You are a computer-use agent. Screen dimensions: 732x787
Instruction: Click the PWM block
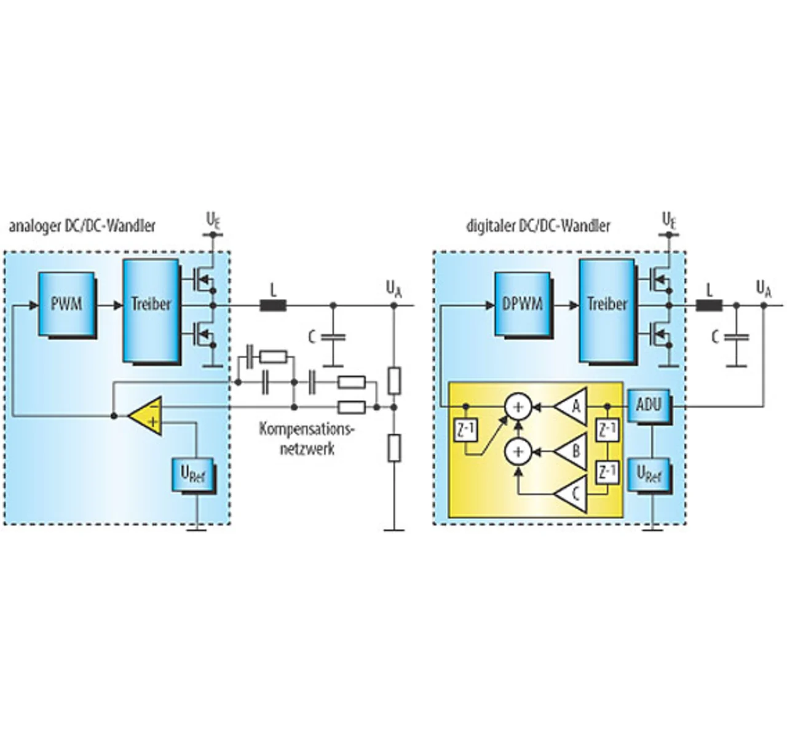point(66,304)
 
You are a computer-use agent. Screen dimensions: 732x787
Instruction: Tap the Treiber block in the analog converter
point(151,310)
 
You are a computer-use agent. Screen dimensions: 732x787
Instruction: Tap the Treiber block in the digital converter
point(607,310)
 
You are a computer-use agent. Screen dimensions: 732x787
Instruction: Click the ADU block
point(649,405)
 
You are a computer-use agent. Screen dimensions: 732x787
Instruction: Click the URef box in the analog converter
point(193,474)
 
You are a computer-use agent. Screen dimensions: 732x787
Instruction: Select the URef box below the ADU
point(649,474)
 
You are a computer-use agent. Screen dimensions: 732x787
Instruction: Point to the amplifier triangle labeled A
point(574,406)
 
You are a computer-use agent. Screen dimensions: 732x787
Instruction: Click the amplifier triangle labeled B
point(574,451)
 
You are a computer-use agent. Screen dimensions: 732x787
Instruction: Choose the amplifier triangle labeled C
point(574,494)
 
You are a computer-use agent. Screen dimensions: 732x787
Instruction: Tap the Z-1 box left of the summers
point(465,431)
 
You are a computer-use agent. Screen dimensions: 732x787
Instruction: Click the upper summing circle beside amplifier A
point(518,406)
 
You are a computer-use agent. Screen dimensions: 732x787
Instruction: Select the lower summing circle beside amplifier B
point(518,451)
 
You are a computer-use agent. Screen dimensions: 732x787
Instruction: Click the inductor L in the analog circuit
point(273,304)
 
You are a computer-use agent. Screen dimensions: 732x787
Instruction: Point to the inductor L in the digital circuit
point(709,304)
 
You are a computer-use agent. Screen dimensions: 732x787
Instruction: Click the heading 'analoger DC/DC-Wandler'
point(82,226)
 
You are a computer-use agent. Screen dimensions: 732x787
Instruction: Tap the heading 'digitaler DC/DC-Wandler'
point(538,226)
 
